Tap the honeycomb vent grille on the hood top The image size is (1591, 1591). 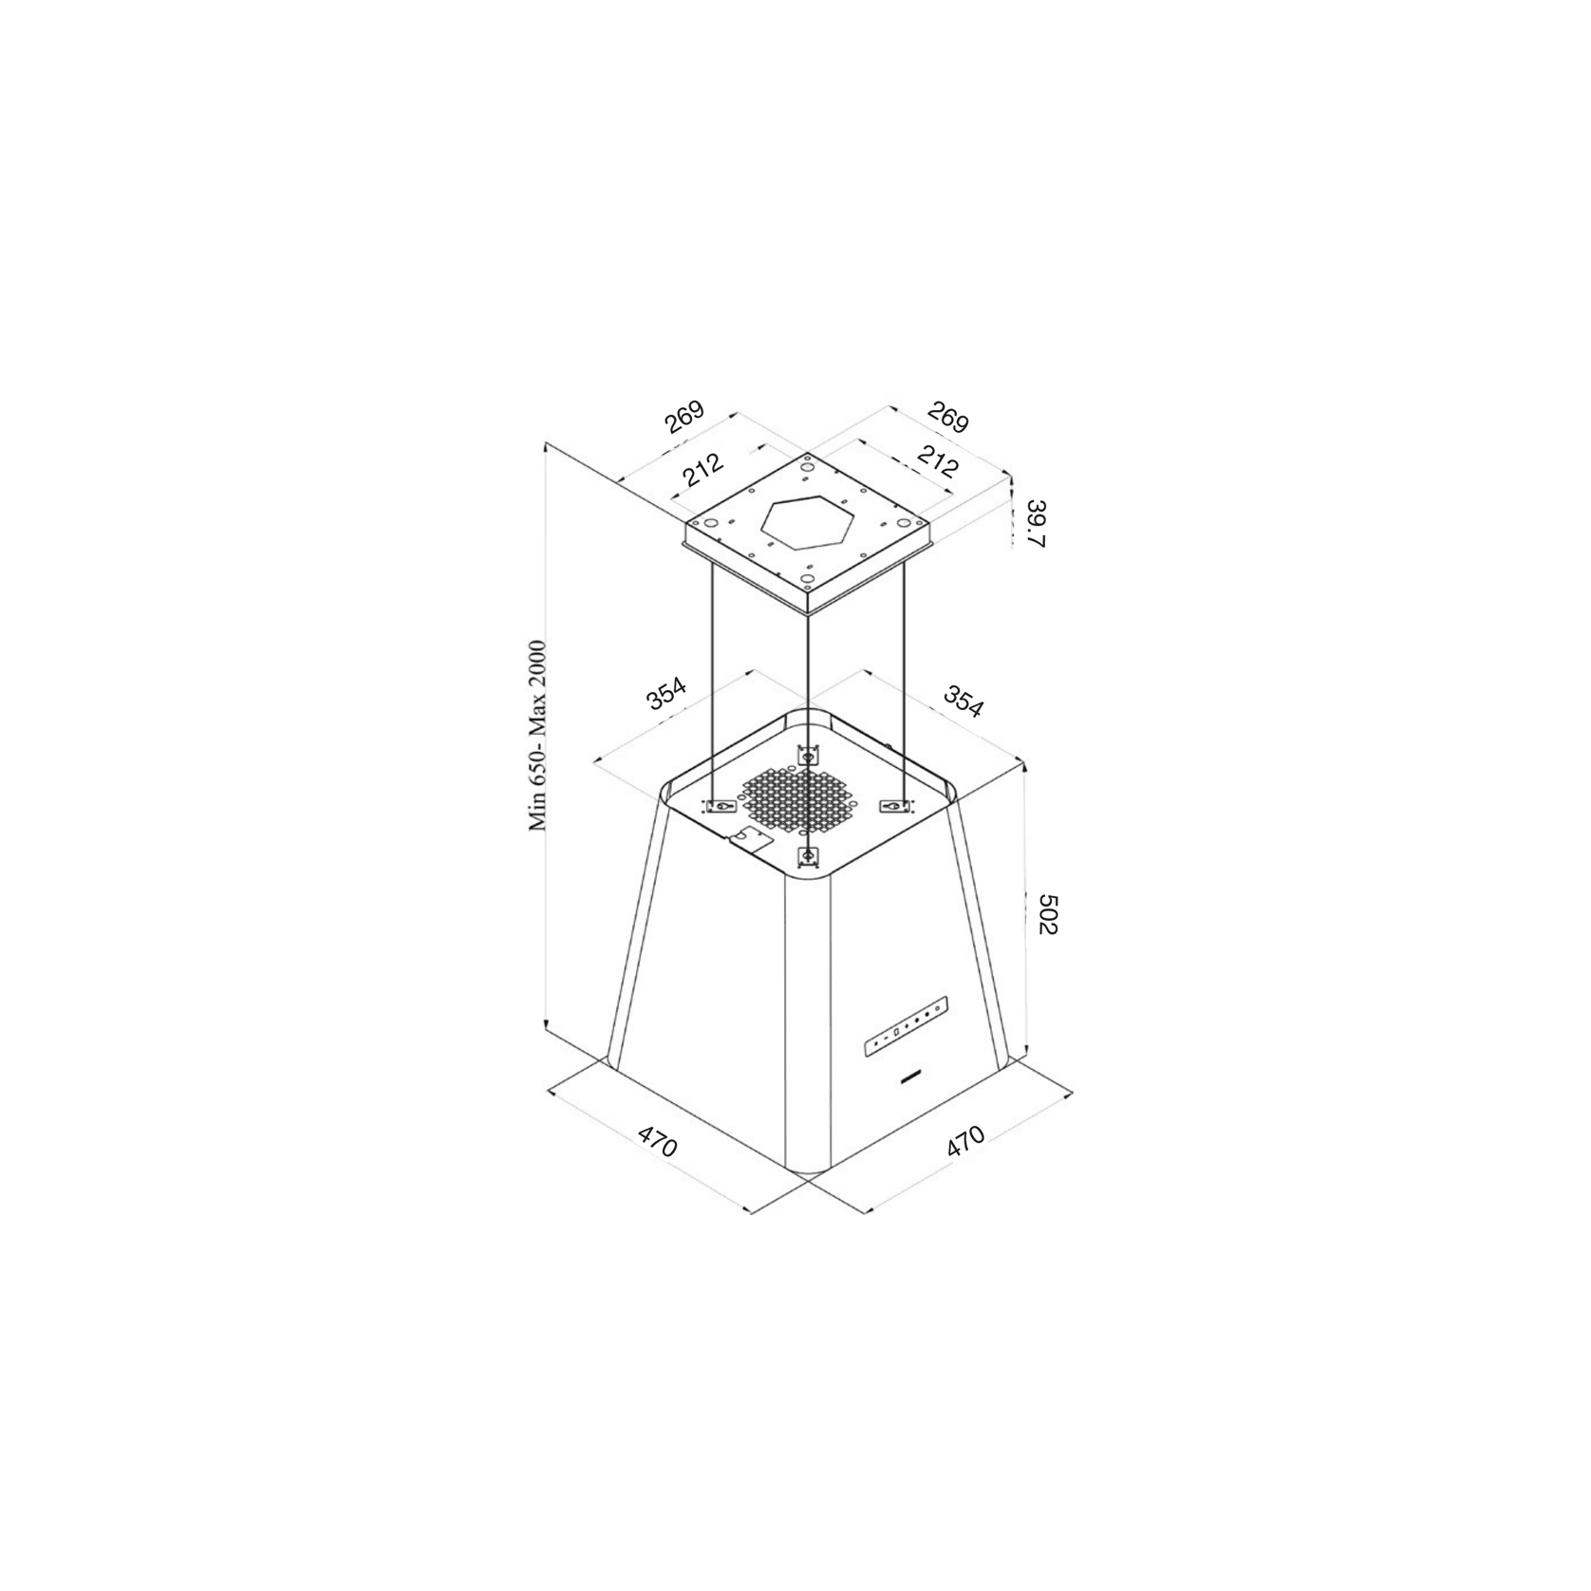802,797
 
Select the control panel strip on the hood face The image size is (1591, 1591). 905,1027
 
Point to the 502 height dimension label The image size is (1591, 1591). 1045,912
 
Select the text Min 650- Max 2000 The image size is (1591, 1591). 538,736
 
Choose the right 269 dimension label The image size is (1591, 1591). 948,417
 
